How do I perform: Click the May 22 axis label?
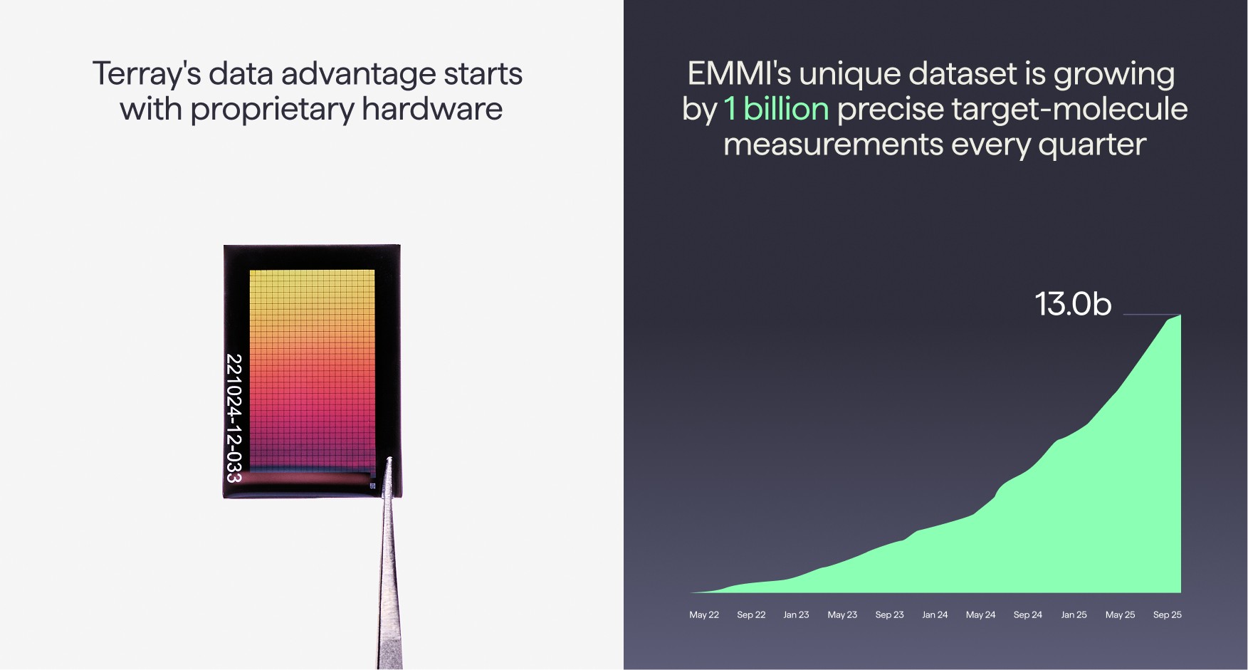point(703,614)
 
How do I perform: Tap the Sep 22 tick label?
point(751,614)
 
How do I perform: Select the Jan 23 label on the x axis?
point(796,614)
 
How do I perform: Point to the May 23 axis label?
point(842,614)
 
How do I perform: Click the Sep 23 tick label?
point(889,614)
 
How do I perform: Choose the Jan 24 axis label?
point(935,614)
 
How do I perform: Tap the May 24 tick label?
point(980,614)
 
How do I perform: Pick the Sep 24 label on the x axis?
point(1027,614)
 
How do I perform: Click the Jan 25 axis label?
point(1074,614)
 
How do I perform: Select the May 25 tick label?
point(1120,614)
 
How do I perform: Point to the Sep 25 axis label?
point(1167,614)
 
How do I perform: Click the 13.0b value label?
point(1072,304)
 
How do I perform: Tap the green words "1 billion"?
point(776,109)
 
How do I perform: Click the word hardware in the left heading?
point(431,109)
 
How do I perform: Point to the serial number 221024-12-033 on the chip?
point(234,418)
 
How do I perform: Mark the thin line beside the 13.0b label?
point(1151,314)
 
